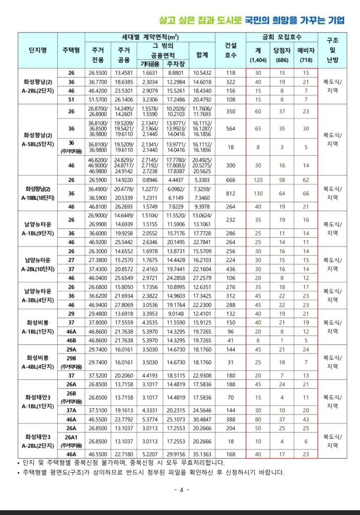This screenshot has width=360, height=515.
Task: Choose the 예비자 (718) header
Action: point(306,55)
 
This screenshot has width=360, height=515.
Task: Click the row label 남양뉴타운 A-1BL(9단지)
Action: point(38,228)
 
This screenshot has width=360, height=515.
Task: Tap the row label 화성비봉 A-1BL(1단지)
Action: point(38,328)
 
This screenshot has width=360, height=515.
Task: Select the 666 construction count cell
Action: point(231,180)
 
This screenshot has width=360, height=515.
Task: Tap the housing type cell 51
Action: point(71,100)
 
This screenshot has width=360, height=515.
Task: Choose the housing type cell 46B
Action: point(71,341)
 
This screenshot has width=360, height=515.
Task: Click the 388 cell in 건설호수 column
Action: point(231,419)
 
